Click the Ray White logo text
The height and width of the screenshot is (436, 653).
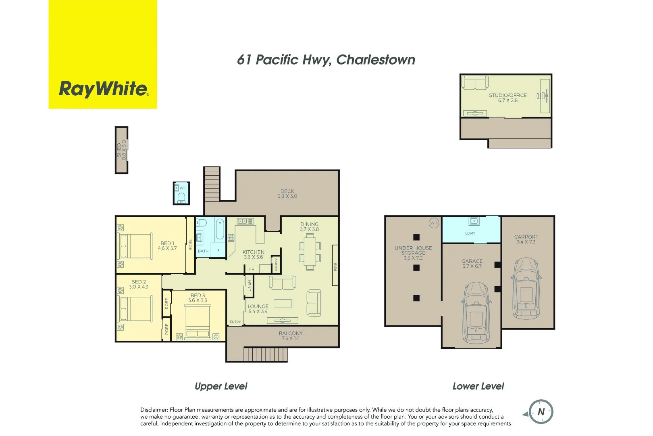click(104, 89)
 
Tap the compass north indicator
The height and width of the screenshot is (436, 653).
click(541, 412)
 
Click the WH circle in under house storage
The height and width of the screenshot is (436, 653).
click(434, 223)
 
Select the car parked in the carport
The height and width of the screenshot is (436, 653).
click(526, 288)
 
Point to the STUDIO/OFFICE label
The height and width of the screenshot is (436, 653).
click(507, 95)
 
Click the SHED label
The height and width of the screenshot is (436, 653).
click(119, 150)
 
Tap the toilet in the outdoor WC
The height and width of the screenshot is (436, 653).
click(181, 197)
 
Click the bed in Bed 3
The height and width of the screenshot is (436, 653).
click(198, 321)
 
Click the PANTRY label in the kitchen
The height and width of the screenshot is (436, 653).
click(276, 265)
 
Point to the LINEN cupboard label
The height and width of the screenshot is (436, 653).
click(249, 285)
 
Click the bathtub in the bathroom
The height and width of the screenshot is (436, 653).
click(220, 230)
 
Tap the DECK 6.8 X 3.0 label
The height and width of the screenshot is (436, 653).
click(287, 194)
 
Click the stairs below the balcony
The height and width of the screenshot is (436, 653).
click(265, 354)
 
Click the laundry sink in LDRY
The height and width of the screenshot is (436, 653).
click(474, 221)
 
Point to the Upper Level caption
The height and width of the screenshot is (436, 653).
click(221, 386)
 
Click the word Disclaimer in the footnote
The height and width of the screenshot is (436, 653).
click(154, 410)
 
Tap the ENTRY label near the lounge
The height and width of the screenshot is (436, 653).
click(235, 322)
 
